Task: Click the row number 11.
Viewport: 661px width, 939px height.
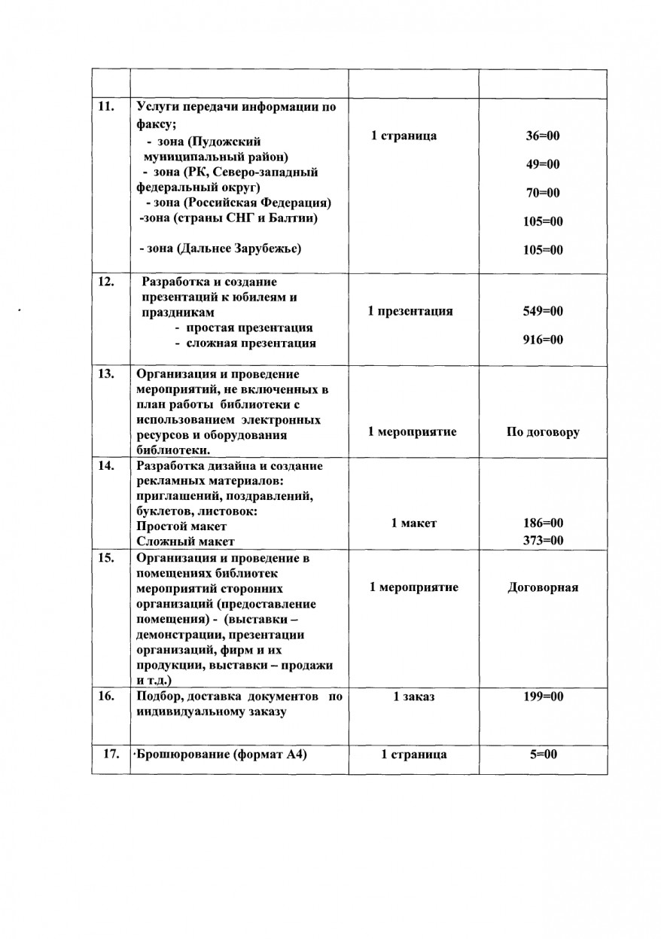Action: (105, 106)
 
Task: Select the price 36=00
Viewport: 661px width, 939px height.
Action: (543, 136)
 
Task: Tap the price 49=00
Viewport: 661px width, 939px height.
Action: (543, 164)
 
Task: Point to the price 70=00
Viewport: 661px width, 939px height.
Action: (543, 193)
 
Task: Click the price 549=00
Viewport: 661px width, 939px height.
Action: (543, 311)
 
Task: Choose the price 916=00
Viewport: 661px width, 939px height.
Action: (543, 340)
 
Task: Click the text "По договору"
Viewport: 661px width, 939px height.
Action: (543, 432)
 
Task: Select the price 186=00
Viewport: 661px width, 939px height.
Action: (543, 523)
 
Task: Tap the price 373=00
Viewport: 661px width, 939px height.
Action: (543, 541)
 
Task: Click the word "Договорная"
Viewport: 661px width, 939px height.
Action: (543, 587)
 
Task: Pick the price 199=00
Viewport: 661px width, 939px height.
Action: (543, 697)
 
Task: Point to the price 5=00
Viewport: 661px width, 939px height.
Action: (543, 755)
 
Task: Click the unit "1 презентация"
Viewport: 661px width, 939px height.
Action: (410, 311)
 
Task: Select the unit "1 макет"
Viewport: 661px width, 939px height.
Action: (413, 523)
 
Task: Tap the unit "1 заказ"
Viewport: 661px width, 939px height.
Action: (414, 697)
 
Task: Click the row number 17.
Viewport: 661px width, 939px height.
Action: (110, 755)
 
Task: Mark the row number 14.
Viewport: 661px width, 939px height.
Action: (105, 465)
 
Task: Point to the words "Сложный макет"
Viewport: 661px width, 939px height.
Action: (185, 541)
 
